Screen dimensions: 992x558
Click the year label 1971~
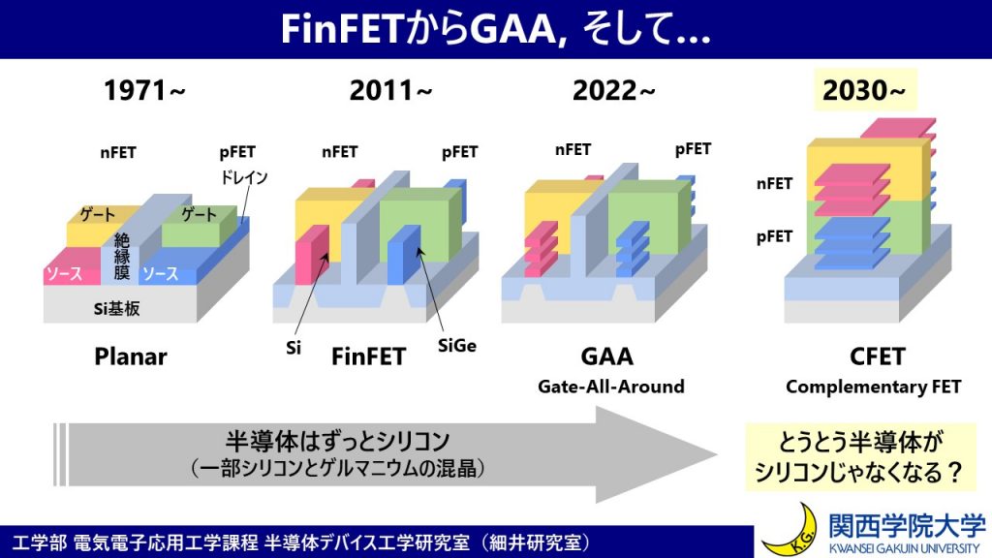click(144, 90)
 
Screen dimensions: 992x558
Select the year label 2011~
click(390, 90)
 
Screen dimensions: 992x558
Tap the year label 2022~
click(613, 90)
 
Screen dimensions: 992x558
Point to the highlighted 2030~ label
click(864, 90)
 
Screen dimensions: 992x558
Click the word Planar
click(131, 356)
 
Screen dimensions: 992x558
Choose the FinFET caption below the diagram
click(368, 356)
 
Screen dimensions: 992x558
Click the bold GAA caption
click(606, 356)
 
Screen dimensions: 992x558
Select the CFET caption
click(878, 356)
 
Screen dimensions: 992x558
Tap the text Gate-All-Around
click(611, 387)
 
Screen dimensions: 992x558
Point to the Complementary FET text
click(873, 387)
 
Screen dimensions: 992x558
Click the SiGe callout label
click(457, 346)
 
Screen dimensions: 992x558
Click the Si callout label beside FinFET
click(293, 348)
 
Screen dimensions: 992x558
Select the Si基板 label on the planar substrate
click(116, 309)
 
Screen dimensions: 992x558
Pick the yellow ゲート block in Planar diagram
click(95, 229)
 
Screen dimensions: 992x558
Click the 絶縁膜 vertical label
click(121, 257)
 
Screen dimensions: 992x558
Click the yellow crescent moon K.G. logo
click(790, 533)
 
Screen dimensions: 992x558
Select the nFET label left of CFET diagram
click(774, 184)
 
